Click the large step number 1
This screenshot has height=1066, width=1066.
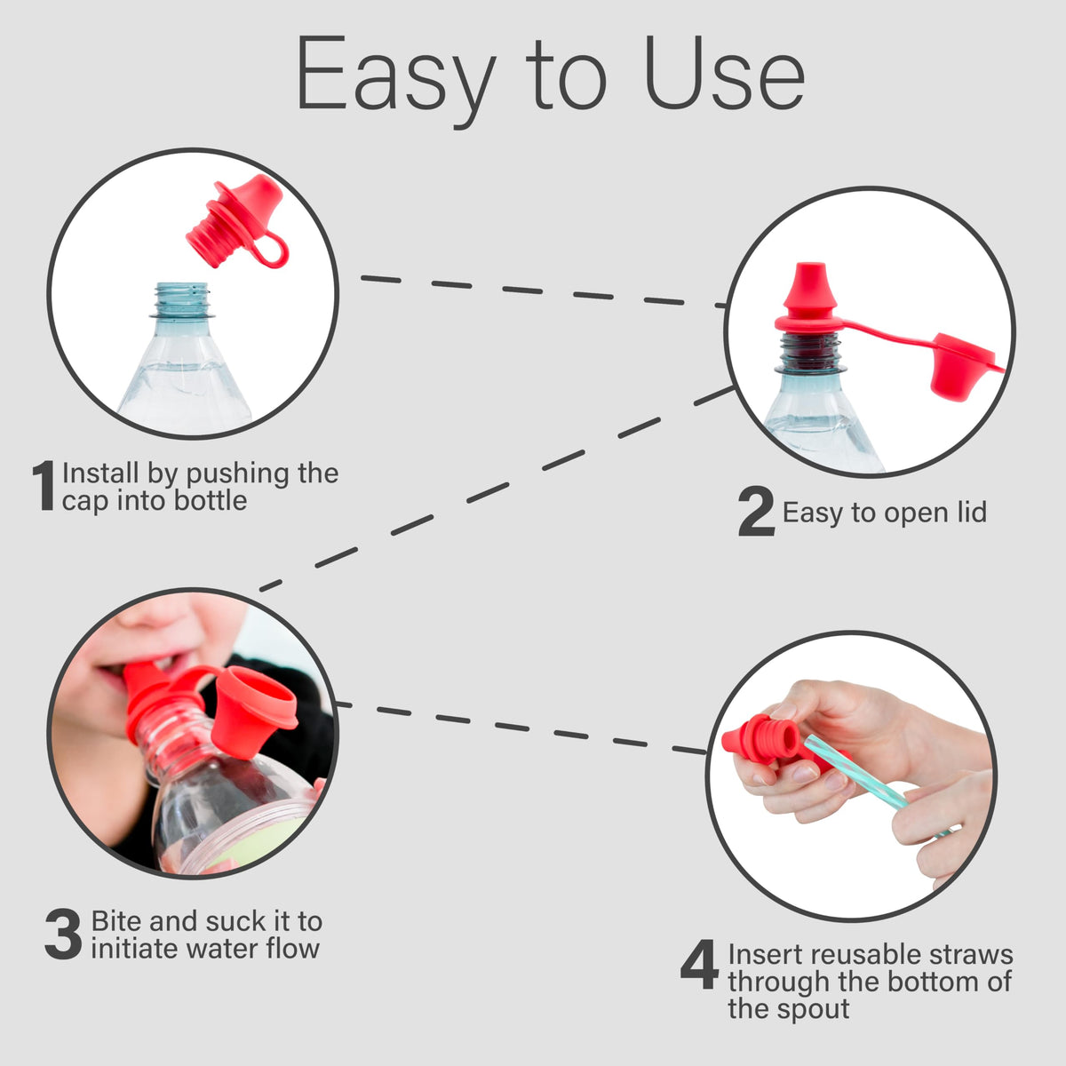[44, 485]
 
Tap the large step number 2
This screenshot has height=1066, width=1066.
[756, 511]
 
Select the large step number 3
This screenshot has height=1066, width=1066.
[64, 935]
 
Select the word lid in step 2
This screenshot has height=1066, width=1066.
[972, 512]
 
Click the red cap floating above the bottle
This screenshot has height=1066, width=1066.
[237, 221]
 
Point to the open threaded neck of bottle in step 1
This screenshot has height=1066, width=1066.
[182, 300]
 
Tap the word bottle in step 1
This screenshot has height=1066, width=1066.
[211, 501]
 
